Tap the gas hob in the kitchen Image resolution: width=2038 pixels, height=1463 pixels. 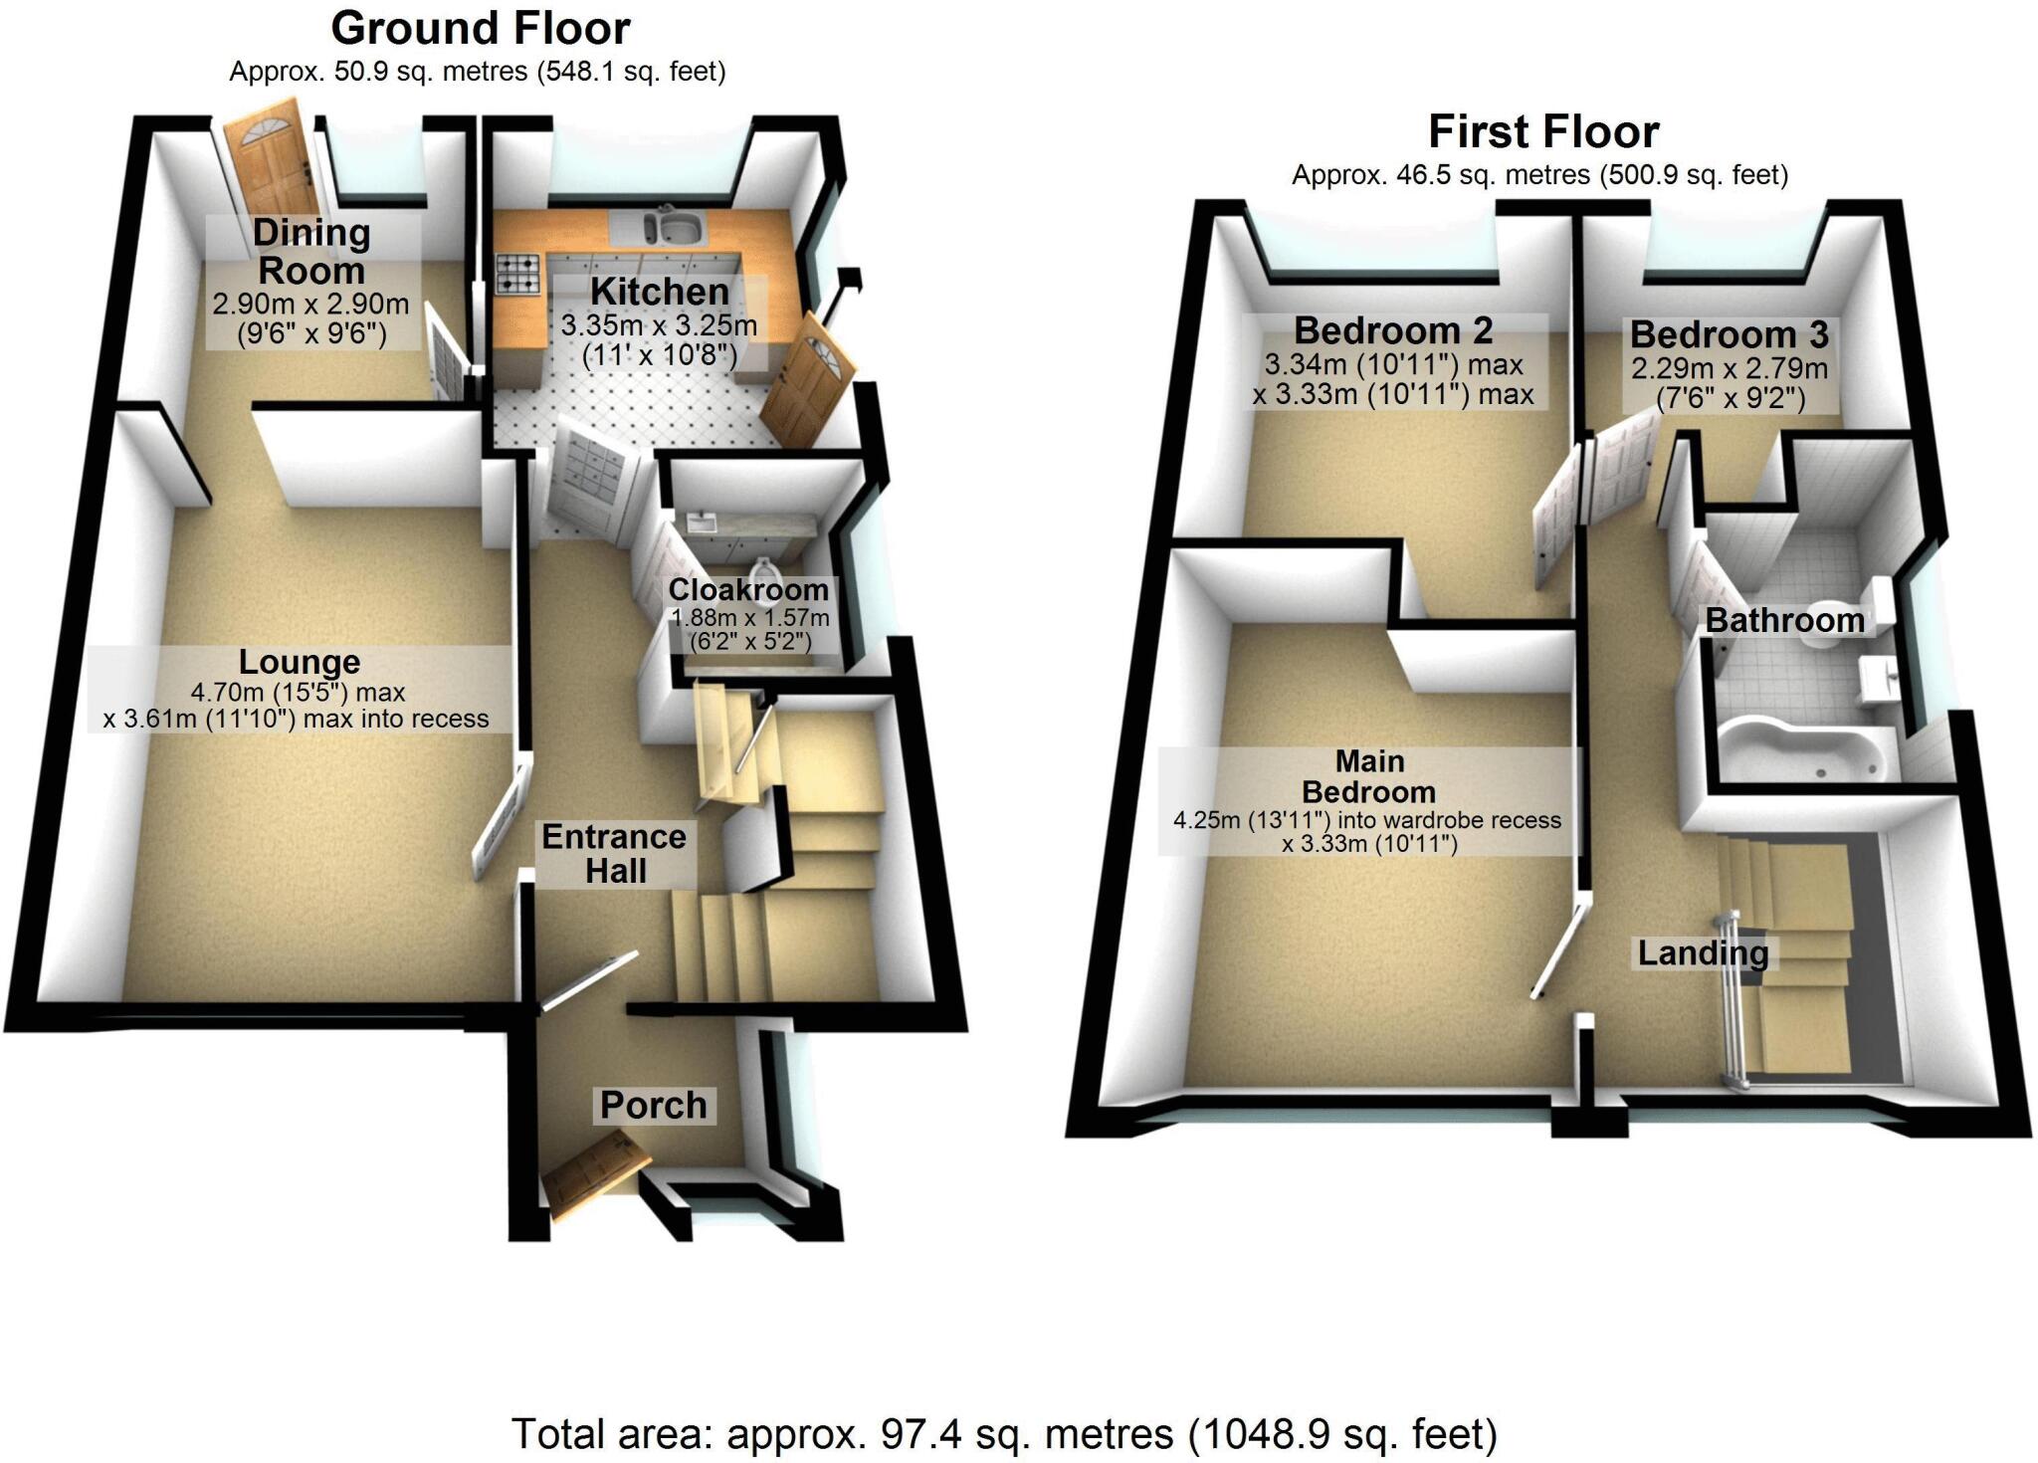point(517,274)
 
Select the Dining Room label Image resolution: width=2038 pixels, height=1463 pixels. point(311,252)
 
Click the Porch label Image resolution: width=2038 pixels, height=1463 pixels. point(654,1105)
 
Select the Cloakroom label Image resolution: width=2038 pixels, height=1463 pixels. point(747,590)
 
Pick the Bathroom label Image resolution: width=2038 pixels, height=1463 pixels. point(1784,620)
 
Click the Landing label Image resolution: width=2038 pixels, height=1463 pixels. point(1703,952)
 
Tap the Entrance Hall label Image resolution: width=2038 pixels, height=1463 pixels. point(614,853)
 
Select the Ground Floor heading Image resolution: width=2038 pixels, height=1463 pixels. point(481,29)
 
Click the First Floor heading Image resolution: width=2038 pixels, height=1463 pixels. point(1543,131)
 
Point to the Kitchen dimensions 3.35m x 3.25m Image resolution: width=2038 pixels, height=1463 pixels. point(659,325)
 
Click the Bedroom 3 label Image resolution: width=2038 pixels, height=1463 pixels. point(1729,334)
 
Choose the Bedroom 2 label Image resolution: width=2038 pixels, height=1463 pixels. point(1393,329)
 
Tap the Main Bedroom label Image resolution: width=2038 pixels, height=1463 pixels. point(1369,776)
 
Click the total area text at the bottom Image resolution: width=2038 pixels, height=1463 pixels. point(1004,1434)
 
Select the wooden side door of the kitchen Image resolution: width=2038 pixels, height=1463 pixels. point(809,377)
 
